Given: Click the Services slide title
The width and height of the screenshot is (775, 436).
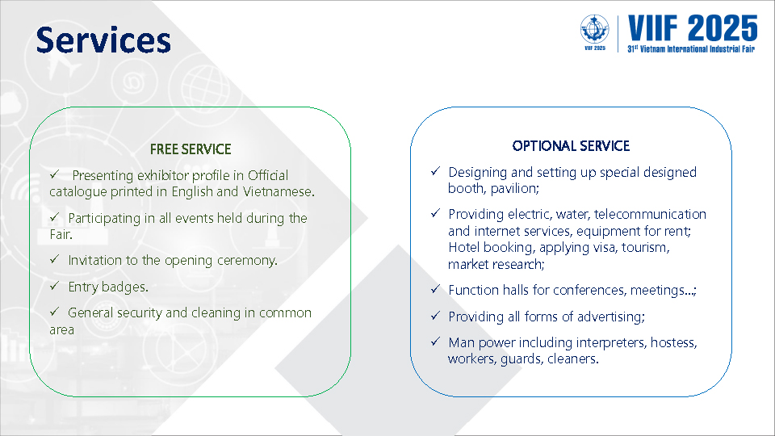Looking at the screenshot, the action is (x=103, y=40).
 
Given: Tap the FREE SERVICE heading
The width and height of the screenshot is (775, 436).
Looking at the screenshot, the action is (x=191, y=149).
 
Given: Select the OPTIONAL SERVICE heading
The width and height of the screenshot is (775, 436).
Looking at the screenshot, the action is (x=571, y=146).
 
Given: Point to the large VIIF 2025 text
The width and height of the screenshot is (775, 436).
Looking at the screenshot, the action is (x=693, y=28).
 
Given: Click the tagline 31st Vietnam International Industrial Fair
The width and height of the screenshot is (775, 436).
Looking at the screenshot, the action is (x=691, y=49).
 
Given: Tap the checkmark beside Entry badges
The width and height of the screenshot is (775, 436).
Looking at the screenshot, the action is (x=54, y=285).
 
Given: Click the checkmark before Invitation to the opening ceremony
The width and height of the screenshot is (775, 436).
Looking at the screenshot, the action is (x=54, y=259).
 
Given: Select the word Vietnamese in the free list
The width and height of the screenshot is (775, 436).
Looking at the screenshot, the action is (x=279, y=192).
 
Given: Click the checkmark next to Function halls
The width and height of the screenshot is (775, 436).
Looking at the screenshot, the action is (x=435, y=289).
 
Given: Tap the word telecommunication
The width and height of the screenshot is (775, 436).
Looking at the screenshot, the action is (x=650, y=214).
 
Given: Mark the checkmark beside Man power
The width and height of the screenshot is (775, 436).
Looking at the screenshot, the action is (x=435, y=341).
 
